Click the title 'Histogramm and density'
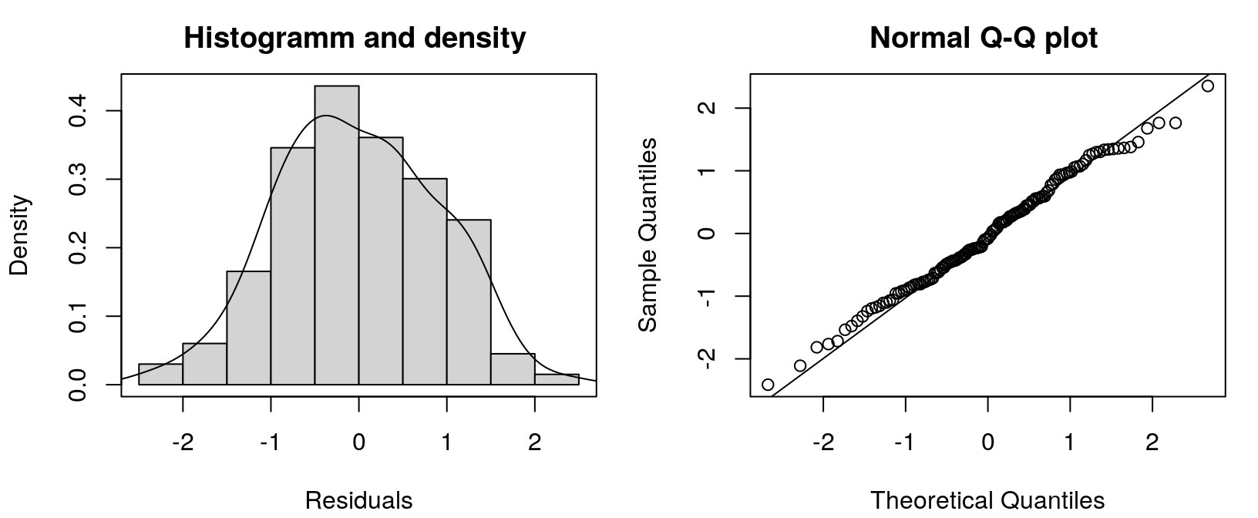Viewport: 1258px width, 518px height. click(x=355, y=37)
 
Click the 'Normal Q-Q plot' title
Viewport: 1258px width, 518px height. click(x=984, y=37)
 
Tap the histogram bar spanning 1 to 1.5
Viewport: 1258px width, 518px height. click(x=469, y=302)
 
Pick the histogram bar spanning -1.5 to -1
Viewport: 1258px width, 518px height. click(x=248, y=328)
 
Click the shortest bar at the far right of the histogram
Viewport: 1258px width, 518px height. click(x=557, y=379)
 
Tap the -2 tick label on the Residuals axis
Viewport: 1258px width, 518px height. click(x=182, y=442)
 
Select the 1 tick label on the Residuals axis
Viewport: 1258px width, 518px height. click(x=447, y=442)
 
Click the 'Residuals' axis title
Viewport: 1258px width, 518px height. click(x=358, y=500)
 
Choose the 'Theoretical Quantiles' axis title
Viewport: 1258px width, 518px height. click(x=987, y=500)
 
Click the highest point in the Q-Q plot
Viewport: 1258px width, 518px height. click(x=1207, y=86)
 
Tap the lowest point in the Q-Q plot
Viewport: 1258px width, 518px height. click(x=767, y=384)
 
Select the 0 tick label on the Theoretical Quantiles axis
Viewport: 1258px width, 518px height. click(x=987, y=442)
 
